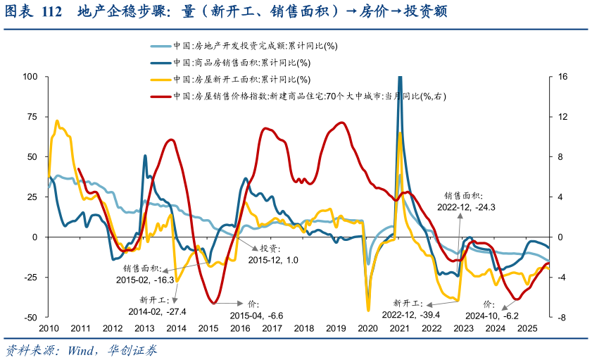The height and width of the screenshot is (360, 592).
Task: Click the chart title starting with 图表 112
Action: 226,13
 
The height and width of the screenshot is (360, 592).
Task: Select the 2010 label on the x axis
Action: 49,328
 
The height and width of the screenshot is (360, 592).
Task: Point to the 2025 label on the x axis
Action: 527,328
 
